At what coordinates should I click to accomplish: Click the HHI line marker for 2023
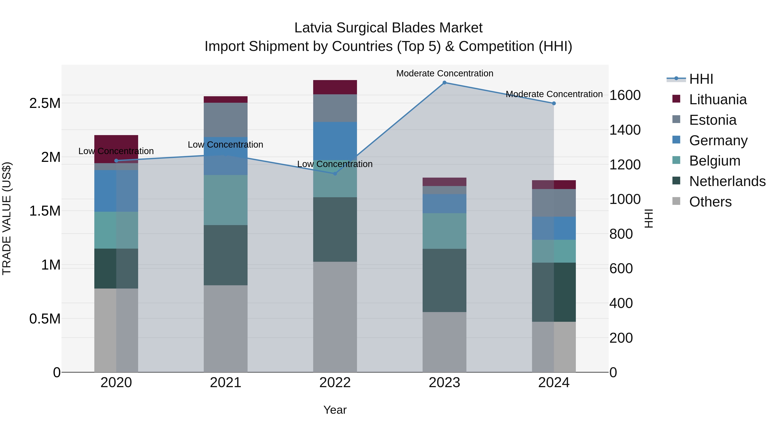point(444,83)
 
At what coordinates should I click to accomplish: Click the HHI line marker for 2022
point(335,174)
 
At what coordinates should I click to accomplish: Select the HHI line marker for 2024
point(554,103)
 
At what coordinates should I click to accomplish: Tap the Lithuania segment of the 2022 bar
point(335,87)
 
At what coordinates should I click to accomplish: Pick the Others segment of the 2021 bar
point(226,328)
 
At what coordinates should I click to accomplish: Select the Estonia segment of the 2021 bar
point(226,120)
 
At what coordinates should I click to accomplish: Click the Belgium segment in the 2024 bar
point(554,251)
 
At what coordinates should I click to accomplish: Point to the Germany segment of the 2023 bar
point(444,204)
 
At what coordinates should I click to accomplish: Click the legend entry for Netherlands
point(727,181)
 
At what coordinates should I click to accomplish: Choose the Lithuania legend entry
point(718,99)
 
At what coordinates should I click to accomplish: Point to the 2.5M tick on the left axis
point(45,103)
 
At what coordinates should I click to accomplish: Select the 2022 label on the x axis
point(335,383)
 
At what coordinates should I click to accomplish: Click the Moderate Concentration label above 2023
point(445,73)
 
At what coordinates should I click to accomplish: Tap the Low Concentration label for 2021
point(225,145)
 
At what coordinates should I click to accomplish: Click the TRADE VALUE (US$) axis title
point(7,218)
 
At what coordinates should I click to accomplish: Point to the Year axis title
point(335,410)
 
